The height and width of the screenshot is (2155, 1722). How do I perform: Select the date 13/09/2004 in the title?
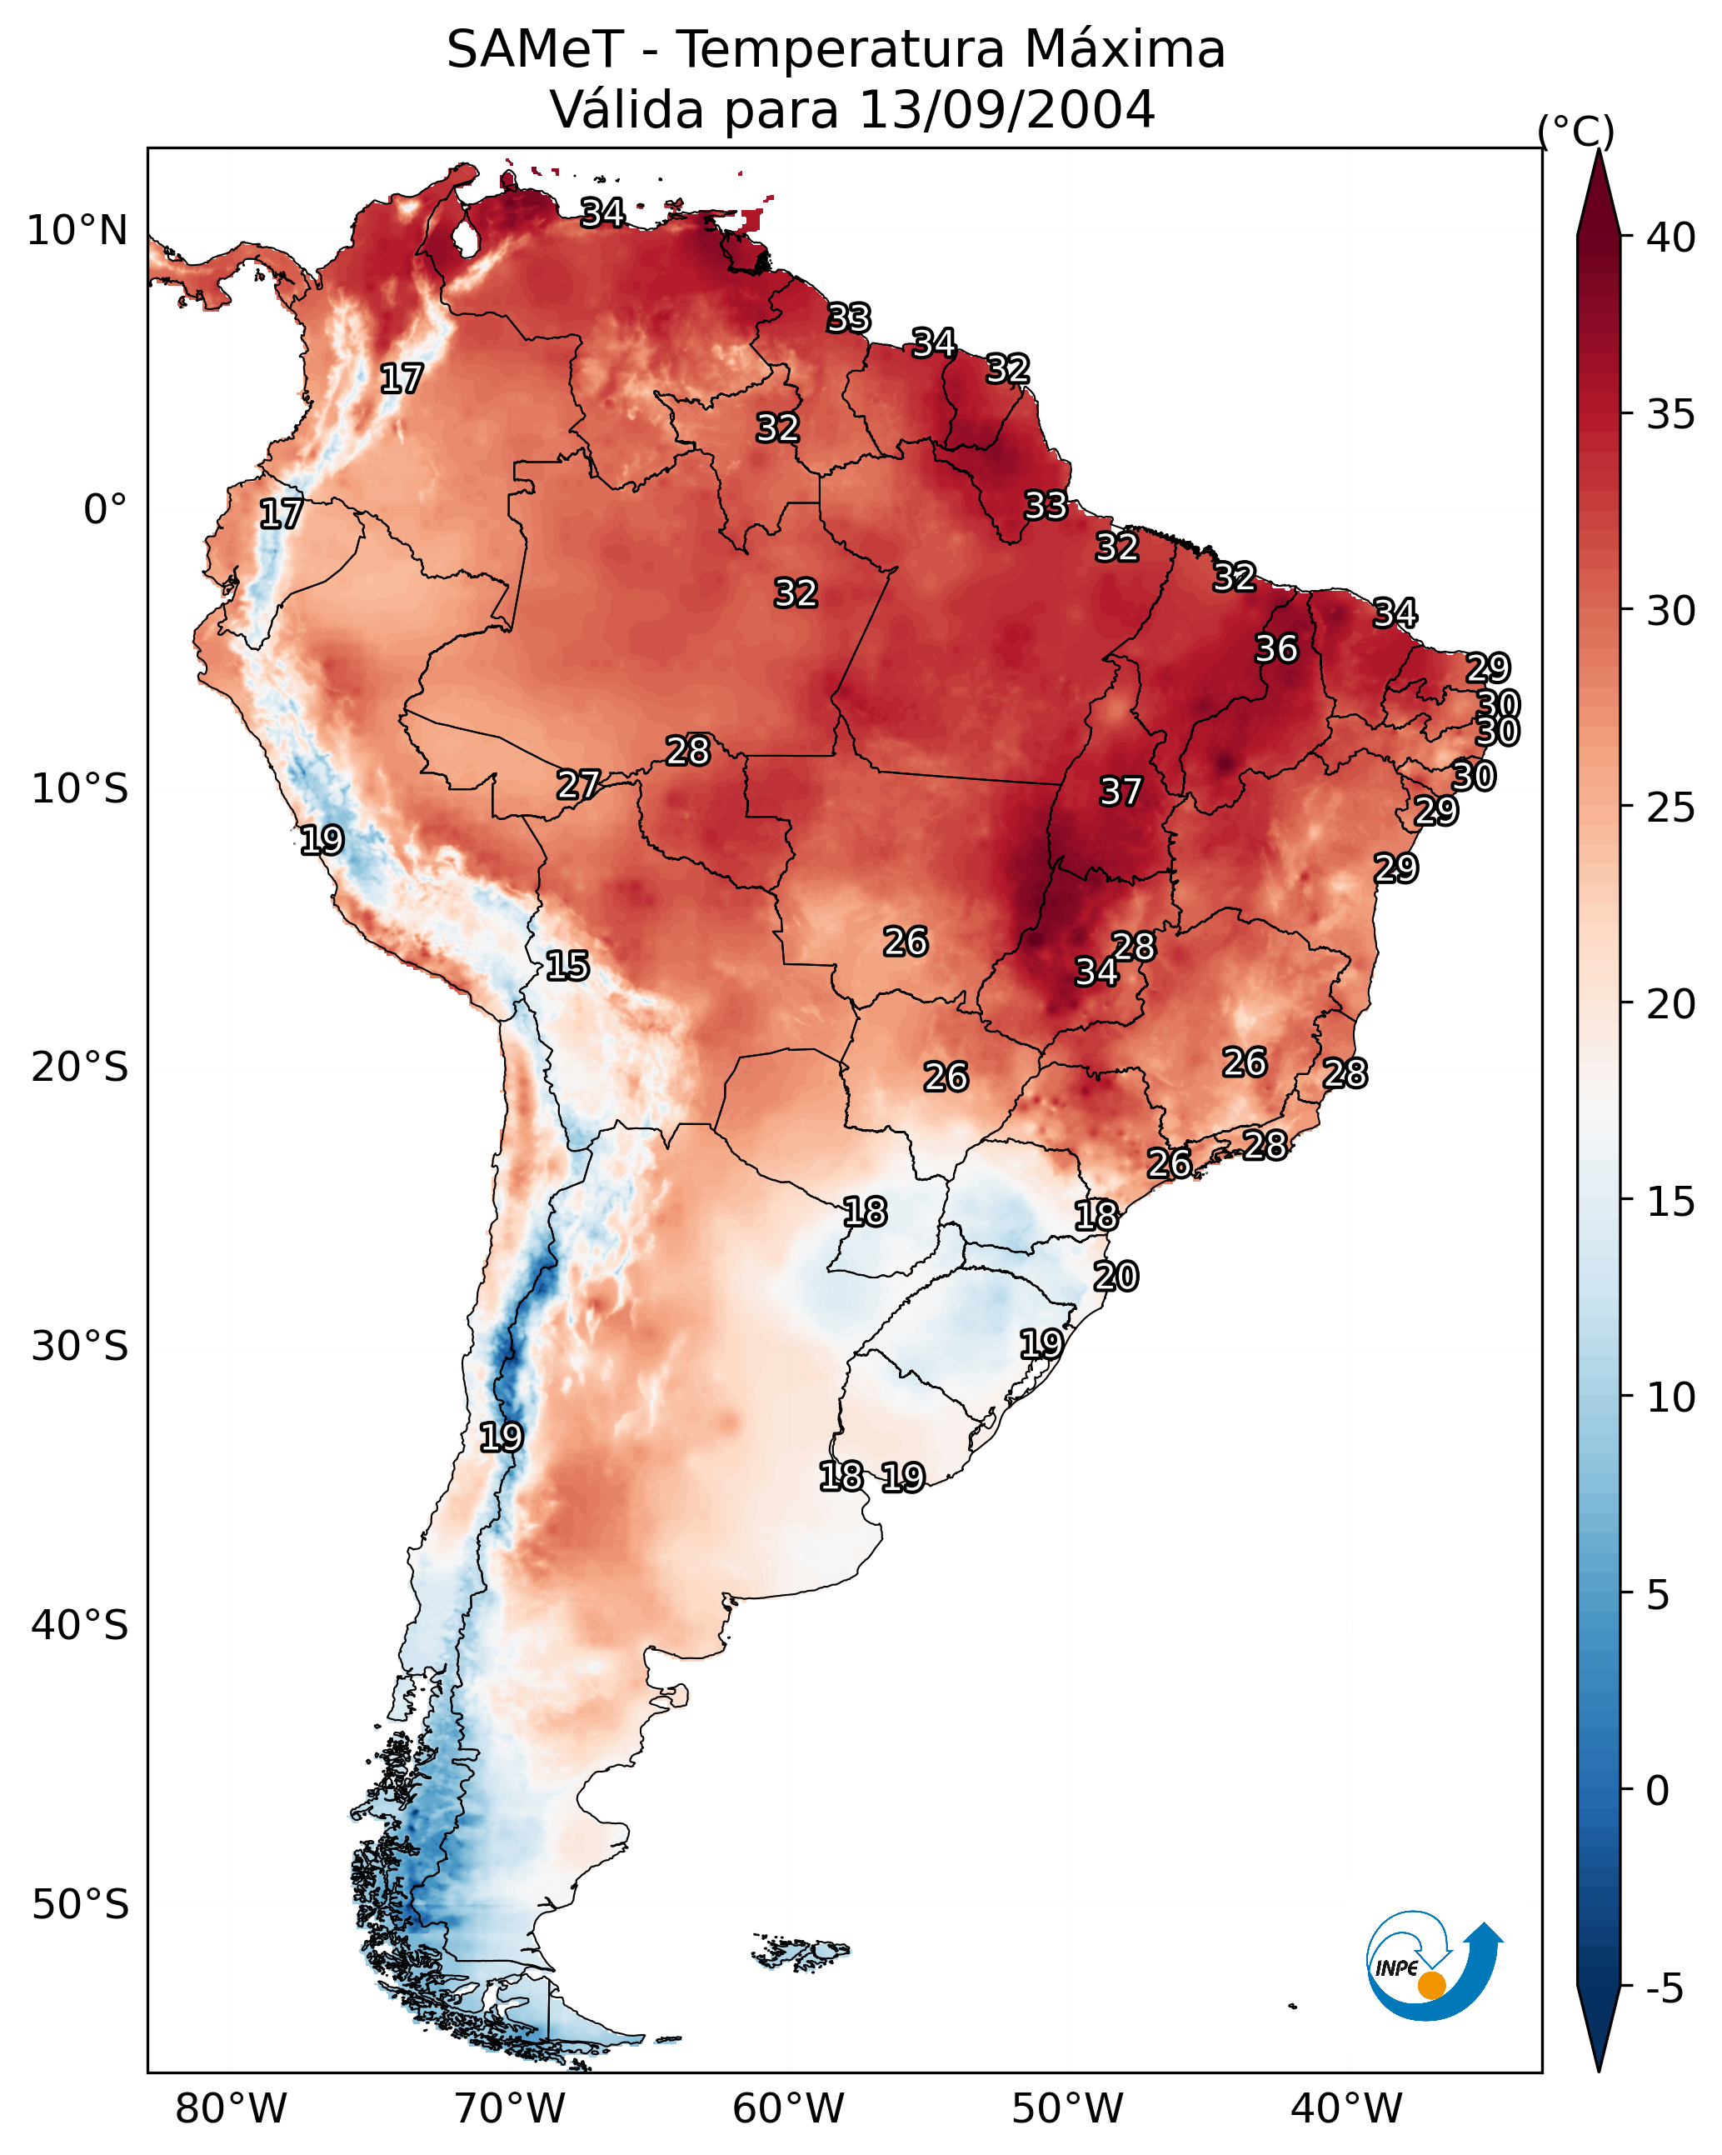[x=1006, y=110]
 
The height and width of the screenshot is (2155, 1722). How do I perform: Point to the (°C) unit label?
[x=1576, y=131]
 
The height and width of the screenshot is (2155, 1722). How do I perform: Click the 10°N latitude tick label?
[x=77, y=231]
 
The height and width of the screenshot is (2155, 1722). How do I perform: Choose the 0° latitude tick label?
[x=105, y=510]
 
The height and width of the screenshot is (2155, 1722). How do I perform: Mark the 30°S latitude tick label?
[x=80, y=1347]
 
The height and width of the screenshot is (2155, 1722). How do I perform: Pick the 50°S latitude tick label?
[x=80, y=1905]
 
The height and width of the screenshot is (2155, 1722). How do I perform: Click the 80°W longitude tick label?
[x=231, y=2109]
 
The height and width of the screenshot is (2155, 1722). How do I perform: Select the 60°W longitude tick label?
[x=789, y=2109]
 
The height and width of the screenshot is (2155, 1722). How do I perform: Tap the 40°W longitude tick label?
[x=1346, y=2109]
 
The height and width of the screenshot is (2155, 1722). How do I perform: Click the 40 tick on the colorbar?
[x=1671, y=237]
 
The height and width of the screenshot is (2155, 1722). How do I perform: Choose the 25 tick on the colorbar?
[x=1671, y=807]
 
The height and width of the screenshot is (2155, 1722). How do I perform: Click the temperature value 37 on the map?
[x=1121, y=792]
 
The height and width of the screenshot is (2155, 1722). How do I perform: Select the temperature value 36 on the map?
[x=1276, y=648]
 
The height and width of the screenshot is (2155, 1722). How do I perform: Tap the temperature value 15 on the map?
[x=567, y=966]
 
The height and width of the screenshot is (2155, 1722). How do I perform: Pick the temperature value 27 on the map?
[x=577, y=785]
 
